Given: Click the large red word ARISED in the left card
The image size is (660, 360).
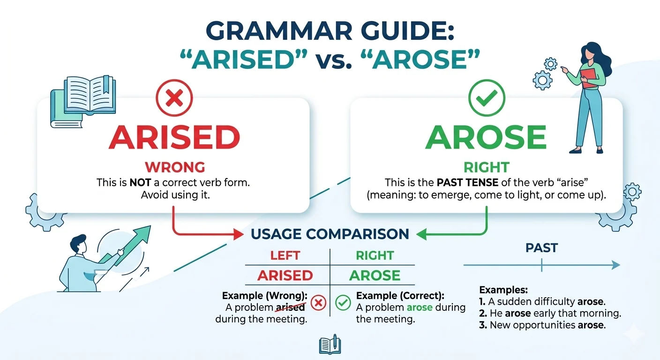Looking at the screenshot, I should point(174,137).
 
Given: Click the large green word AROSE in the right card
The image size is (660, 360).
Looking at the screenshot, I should point(486,137).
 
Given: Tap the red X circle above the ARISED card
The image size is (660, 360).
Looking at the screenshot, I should point(174,98).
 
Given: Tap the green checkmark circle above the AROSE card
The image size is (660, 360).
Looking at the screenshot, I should point(487,98).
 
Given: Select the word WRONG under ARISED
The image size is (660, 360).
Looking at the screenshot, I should point(174,167).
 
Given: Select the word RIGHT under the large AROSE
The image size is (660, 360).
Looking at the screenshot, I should point(487,167).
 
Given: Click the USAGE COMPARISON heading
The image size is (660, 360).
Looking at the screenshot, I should point(330,234).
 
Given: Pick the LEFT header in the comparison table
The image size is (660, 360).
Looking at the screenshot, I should point(285,255).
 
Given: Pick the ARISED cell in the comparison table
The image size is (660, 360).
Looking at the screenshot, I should point(285,275).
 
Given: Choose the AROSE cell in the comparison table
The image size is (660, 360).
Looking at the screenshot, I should point(375,275).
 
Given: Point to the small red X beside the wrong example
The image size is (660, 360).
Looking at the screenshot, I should point(318,303).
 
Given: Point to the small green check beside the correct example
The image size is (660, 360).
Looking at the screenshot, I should point(344,303).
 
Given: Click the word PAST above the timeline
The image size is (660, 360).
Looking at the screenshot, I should point(541,248).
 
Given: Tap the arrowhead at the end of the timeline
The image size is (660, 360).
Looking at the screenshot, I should point(615,266).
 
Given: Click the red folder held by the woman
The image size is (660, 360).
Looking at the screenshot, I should point(589,77).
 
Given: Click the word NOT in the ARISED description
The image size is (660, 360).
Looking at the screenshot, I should point(139,183).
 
